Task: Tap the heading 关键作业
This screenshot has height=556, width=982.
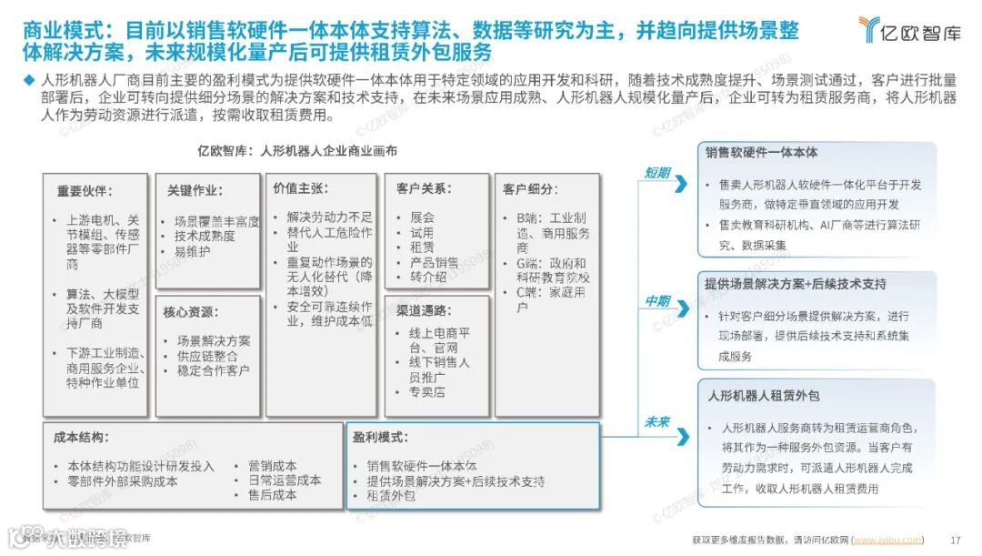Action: pyautogui.click(x=195, y=191)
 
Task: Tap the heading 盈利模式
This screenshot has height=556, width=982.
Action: pyautogui.click(x=381, y=437)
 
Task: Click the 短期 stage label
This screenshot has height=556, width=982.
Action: pyautogui.click(x=657, y=172)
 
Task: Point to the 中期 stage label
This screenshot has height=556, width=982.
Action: pyautogui.click(x=657, y=301)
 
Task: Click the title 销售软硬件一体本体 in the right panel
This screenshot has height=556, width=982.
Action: pyautogui.click(x=762, y=152)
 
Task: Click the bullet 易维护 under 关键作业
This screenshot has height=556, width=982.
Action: pyautogui.click(x=193, y=251)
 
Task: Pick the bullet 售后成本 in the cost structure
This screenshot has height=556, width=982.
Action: pyautogui.click(x=272, y=495)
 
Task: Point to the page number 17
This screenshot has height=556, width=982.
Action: pyautogui.click(x=955, y=539)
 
